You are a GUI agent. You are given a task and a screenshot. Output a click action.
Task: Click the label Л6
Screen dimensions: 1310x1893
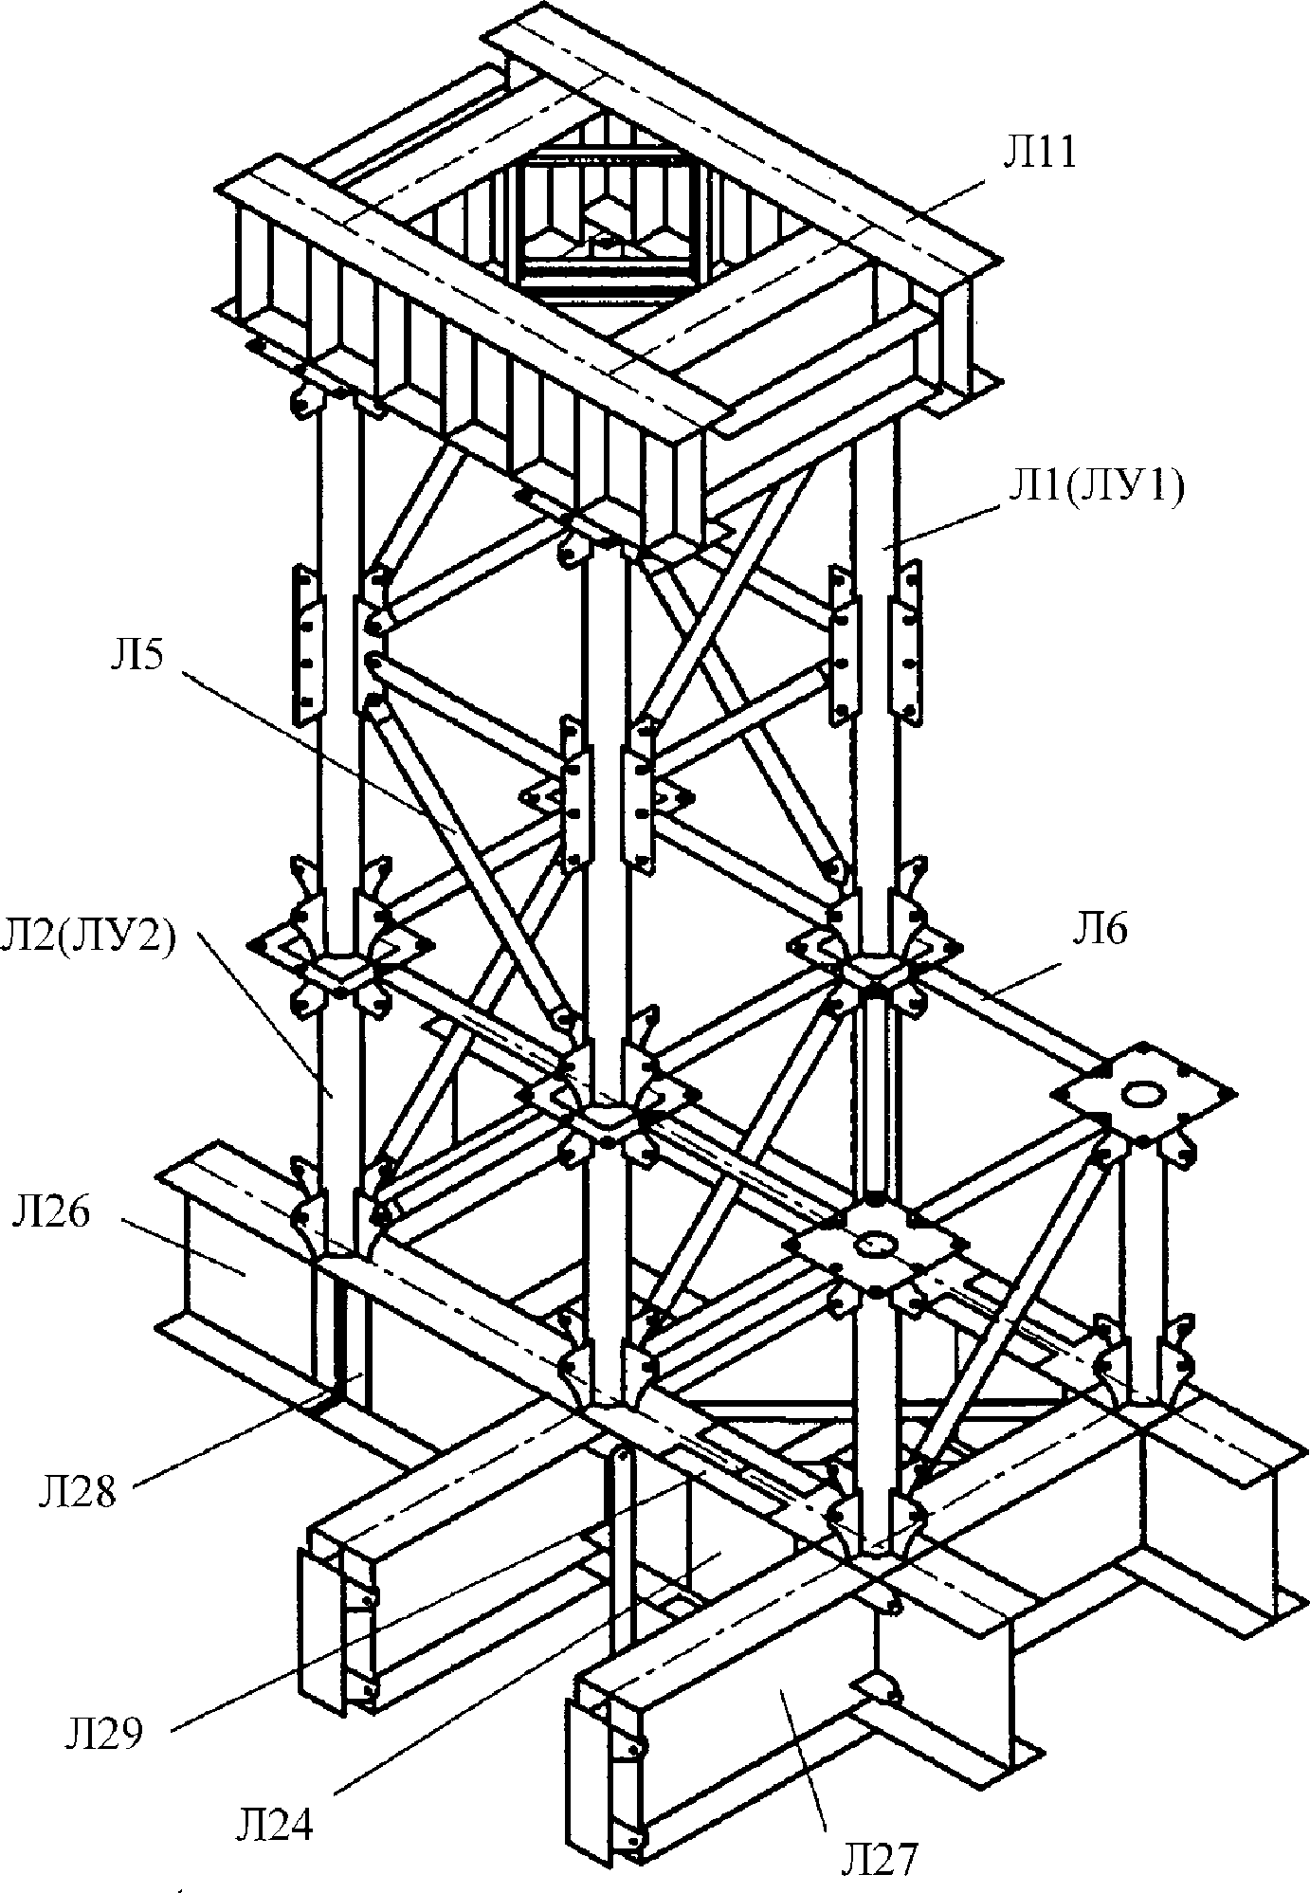[1100, 930]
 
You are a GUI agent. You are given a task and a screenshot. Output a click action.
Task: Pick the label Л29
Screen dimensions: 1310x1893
[103, 1734]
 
